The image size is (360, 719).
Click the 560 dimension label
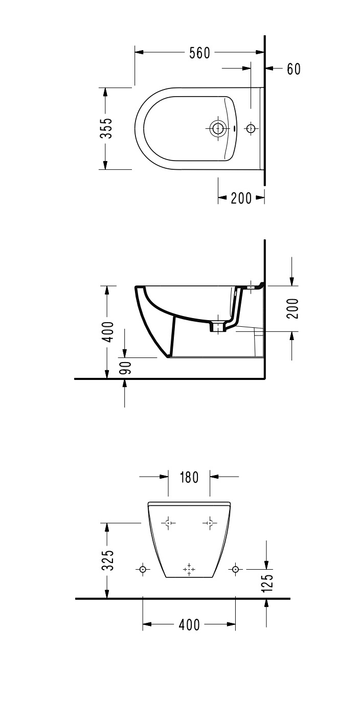(x=199, y=53)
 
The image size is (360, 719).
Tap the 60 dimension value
(x=294, y=69)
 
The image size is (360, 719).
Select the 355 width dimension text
(x=106, y=128)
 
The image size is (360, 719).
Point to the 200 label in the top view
(x=241, y=198)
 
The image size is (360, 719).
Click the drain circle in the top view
(x=218, y=128)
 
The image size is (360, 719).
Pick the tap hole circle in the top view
(x=251, y=128)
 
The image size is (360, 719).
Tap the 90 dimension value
(x=125, y=368)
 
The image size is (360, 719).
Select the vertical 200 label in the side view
(x=292, y=308)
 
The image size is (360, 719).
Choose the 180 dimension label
(x=189, y=477)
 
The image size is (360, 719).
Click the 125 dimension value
(x=267, y=581)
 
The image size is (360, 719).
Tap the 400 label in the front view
(x=189, y=624)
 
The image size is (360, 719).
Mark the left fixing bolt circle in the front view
(x=143, y=569)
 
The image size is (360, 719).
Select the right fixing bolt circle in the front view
(x=235, y=569)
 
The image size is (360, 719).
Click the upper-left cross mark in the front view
(x=168, y=523)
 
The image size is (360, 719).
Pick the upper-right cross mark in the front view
(x=210, y=523)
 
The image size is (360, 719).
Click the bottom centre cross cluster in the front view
(x=189, y=569)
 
